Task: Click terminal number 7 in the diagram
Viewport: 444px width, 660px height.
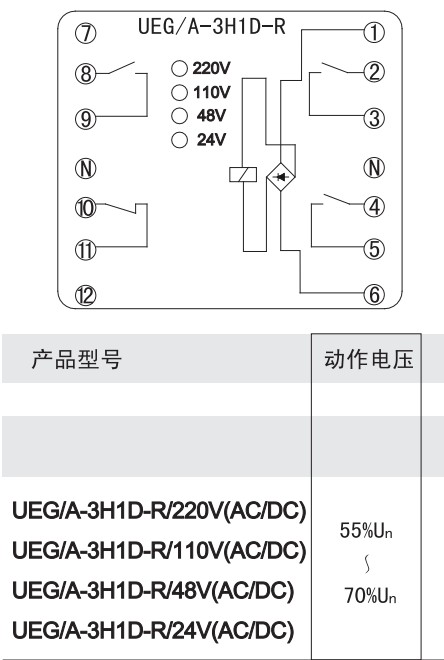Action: [86, 33]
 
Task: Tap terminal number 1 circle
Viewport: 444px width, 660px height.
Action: [374, 32]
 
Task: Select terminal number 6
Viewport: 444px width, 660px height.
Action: [374, 294]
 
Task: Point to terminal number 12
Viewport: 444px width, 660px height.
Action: [86, 295]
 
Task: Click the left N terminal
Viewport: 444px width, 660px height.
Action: [86, 168]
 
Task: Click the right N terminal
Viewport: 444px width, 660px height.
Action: [374, 167]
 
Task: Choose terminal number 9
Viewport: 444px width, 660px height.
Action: [86, 118]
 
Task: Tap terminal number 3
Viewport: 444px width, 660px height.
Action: [374, 117]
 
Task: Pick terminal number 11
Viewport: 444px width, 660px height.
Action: [86, 250]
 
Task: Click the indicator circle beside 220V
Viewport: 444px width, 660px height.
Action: [179, 69]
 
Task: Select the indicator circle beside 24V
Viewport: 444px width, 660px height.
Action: [179, 140]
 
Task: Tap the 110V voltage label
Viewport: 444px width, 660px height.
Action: [212, 92]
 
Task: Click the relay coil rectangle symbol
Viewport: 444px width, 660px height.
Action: [243, 174]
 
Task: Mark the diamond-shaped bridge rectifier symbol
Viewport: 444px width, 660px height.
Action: [281, 176]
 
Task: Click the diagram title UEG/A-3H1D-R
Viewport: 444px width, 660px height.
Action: [212, 26]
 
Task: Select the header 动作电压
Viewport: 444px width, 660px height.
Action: [369, 359]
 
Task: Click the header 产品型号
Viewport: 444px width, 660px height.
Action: [77, 359]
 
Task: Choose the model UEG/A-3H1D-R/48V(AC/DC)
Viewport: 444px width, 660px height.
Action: [153, 591]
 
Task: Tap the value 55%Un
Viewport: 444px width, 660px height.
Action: [366, 530]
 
